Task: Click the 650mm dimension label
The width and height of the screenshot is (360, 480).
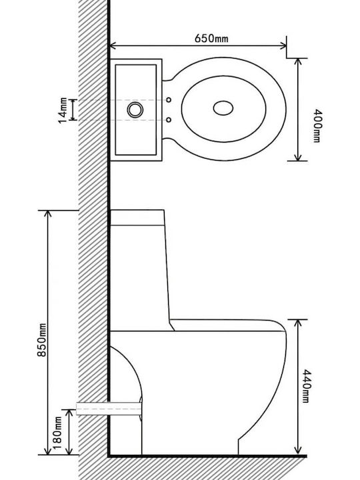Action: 211,38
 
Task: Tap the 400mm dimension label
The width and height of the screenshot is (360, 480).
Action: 316,126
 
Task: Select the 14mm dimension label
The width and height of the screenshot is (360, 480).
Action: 63,111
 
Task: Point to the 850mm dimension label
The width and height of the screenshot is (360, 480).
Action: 41,340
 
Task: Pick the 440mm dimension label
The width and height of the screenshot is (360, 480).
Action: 307,386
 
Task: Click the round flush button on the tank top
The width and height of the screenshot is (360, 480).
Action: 135,109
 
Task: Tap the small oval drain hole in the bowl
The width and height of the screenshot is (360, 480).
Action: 223,108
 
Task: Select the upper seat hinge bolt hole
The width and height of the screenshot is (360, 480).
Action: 169,100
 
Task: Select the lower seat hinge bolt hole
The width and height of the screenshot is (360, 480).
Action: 169,120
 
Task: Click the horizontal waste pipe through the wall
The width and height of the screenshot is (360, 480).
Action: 109,409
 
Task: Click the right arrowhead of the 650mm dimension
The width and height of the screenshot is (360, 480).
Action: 283,46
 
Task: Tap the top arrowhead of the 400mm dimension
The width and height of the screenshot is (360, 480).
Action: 297,61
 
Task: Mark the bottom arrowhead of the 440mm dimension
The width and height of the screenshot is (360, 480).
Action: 297,451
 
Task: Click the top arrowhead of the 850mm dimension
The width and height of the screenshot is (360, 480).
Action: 48,214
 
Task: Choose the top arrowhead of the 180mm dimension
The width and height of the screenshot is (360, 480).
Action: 69,413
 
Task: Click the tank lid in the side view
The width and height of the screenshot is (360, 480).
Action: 137,217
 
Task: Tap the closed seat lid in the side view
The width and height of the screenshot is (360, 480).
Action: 228,325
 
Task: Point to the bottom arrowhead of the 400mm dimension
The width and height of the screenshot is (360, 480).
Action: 297,157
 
